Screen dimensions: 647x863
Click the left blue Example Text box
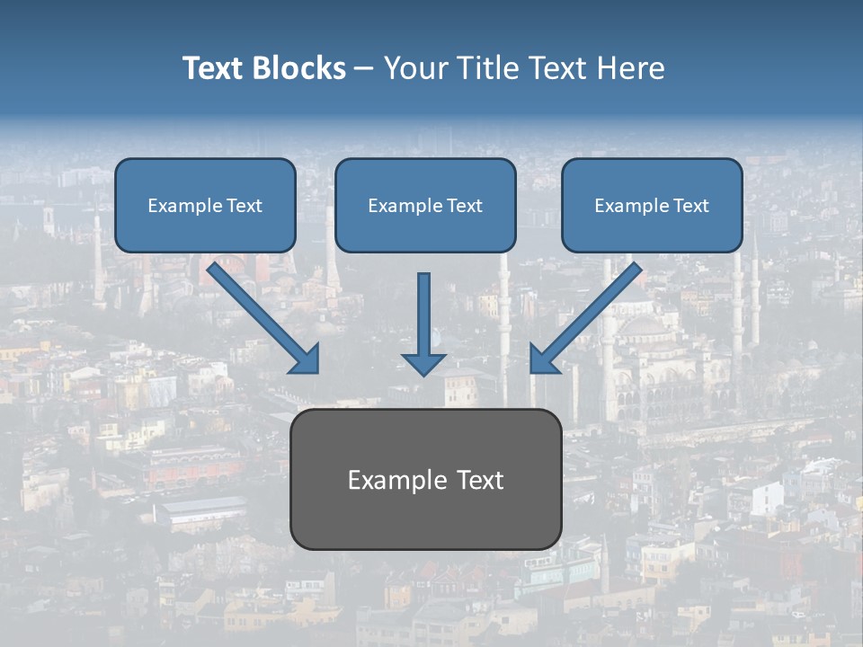tap(205, 205)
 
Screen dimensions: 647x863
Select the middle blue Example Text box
tap(425, 205)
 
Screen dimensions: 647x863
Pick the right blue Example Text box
tap(652, 205)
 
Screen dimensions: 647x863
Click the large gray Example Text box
tap(425, 479)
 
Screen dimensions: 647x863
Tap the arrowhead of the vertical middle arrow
tap(423, 363)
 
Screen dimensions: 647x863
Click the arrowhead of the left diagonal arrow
tap(306, 359)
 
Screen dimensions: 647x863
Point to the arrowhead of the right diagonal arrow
tap(543, 359)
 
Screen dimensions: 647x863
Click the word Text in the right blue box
tap(690, 206)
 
